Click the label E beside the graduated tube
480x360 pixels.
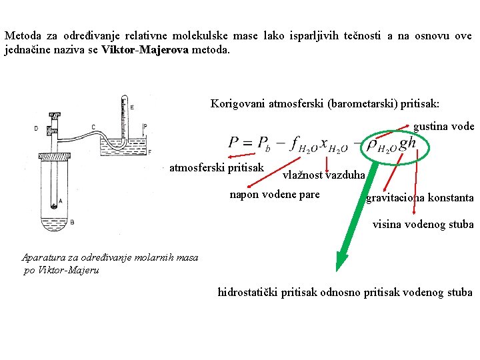click(131, 107)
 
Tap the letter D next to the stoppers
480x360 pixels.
click(35, 129)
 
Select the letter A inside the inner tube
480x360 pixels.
click(61, 200)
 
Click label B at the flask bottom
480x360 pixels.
click(71, 221)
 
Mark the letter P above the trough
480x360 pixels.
click(145, 127)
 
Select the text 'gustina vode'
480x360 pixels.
click(443, 127)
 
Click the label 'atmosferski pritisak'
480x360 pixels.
click(217, 167)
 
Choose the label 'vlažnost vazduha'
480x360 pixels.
click(324, 175)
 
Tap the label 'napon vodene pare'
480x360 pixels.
click(275, 195)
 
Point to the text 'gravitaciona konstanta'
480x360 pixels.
click(420, 198)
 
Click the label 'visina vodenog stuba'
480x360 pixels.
click(423, 224)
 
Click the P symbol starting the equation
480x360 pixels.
click(235, 143)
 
